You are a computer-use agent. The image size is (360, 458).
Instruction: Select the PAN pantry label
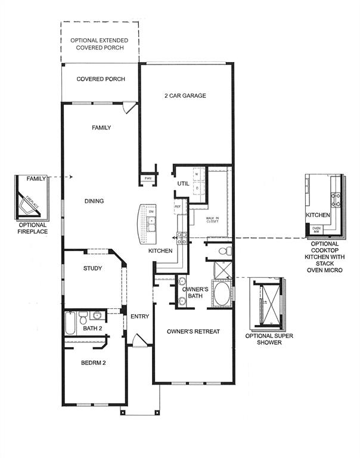(147, 178)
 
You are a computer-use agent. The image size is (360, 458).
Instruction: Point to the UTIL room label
(183, 184)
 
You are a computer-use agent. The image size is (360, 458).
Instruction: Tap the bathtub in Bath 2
(70, 324)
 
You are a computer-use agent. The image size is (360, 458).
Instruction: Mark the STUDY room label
(92, 268)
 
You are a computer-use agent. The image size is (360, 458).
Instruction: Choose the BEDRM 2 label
(93, 363)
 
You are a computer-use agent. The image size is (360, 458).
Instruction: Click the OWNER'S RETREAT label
(189, 332)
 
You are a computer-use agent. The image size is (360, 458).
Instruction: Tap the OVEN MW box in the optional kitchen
(316, 228)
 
